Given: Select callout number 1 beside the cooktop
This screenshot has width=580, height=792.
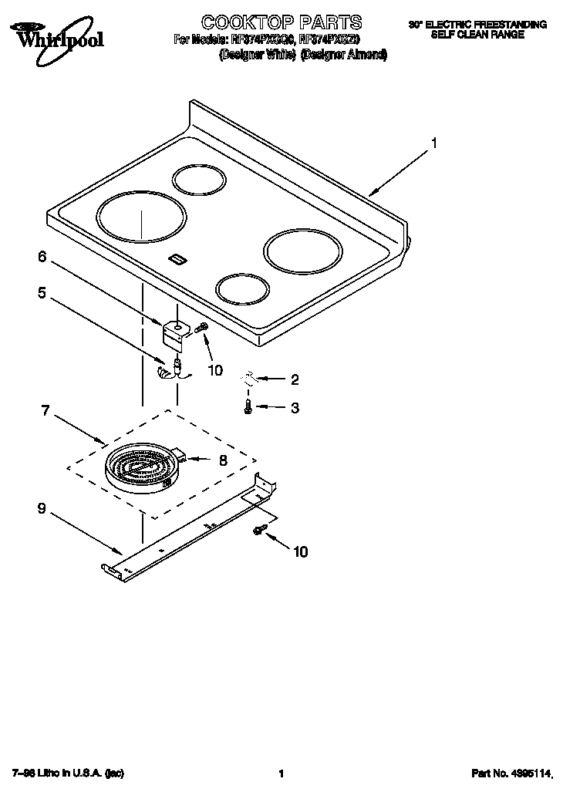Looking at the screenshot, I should [434, 143].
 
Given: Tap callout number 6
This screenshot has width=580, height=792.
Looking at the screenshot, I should [42, 257].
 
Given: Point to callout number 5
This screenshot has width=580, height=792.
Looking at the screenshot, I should [42, 292].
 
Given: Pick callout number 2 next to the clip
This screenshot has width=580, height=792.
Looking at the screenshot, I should [294, 379].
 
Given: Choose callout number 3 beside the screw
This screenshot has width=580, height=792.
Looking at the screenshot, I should [294, 408].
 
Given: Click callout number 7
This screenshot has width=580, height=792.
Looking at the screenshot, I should [46, 411].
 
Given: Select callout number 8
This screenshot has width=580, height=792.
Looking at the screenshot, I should [223, 460].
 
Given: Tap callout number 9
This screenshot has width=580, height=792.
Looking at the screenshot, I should [42, 509].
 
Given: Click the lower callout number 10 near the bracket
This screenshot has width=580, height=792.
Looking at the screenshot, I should [300, 551].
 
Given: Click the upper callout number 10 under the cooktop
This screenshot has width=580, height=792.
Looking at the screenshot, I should [214, 370].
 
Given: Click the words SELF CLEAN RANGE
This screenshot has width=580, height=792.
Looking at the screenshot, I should [477, 35].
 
